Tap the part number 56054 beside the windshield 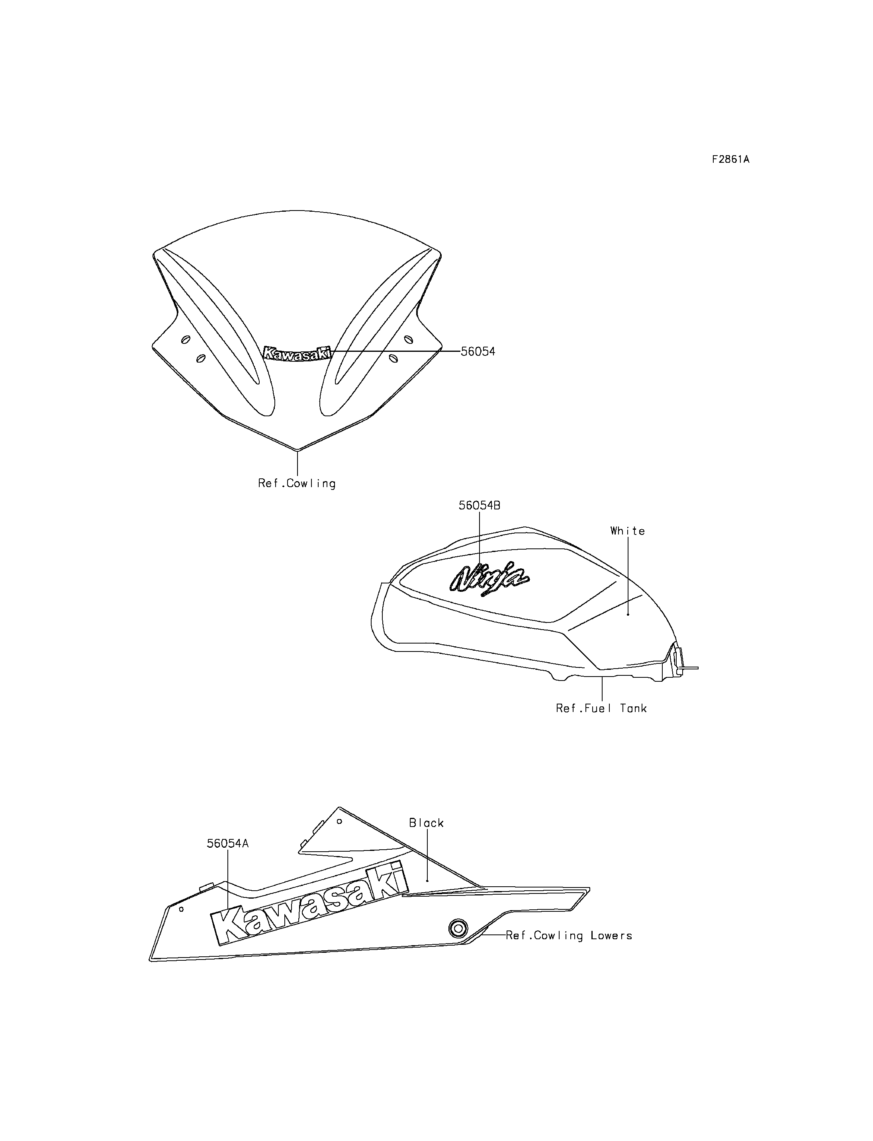click(x=478, y=351)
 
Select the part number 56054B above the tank click(x=479, y=505)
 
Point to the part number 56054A click(x=227, y=843)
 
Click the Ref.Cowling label click(x=297, y=484)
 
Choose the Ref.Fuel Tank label click(x=601, y=708)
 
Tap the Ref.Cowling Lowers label click(x=569, y=935)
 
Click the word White click(x=628, y=531)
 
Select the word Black click(x=426, y=823)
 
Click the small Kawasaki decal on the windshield click(x=297, y=353)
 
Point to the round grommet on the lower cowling click(x=457, y=928)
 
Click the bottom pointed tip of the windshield click(x=297, y=449)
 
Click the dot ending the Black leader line click(x=427, y=880)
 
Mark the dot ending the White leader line click(x=628, y=614)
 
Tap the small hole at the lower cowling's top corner click(x=339, y=821)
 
